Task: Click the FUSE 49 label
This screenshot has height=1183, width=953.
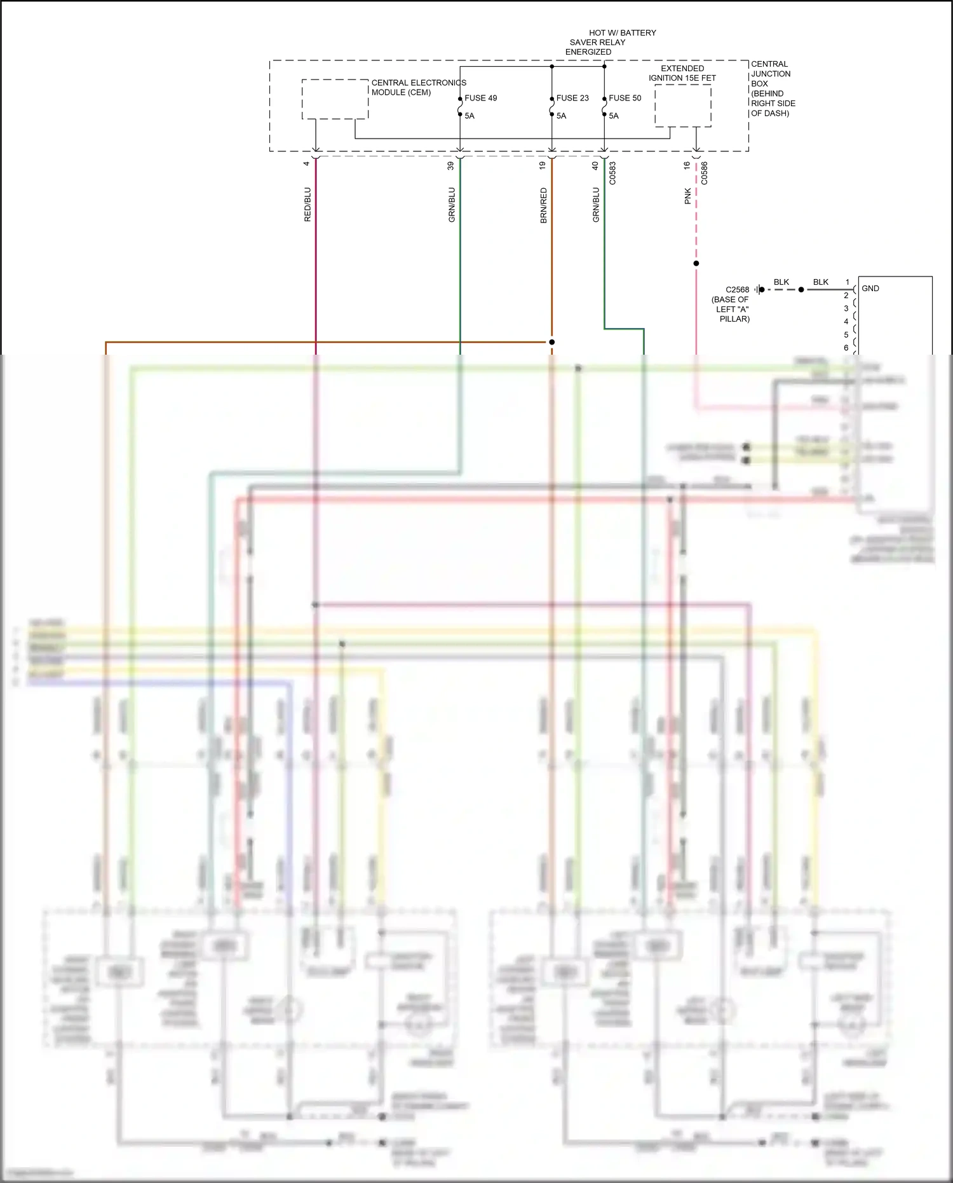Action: [x=480, y=98]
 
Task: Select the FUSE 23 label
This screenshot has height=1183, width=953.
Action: [x=572, y=98]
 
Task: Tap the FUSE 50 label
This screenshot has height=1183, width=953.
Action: [x=625, y=98]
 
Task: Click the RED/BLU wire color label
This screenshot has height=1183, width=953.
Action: [x=308, y=204]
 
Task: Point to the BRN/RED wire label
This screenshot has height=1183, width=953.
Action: [x=543, y=205]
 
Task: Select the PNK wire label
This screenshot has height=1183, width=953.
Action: [x=687, y=196]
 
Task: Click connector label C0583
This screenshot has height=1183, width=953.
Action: [x=612, y=173]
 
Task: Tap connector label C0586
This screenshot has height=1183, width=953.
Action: [x=704, y=173]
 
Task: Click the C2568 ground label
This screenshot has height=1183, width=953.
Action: [x=737, y=289]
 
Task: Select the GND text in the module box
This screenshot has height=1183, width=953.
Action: [x=870, y=289]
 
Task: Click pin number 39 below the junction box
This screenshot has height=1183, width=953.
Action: [x=450, y=165]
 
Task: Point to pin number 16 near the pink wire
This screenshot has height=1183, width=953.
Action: [x=687, y=165]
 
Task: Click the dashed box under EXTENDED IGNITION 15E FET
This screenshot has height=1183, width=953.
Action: [x=682, y=106]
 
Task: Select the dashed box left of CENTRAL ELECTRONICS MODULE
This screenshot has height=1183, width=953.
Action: [x=335, y=99]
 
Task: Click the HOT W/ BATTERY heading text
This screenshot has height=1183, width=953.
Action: [x=622, y=32]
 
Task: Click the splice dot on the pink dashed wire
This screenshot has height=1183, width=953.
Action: [x=696, y=263]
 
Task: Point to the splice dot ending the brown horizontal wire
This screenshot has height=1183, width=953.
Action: [x=551, y=342]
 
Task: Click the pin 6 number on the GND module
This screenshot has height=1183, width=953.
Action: [x=846, y=348]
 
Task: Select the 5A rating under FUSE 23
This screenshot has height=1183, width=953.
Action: [x=561, y=116]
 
